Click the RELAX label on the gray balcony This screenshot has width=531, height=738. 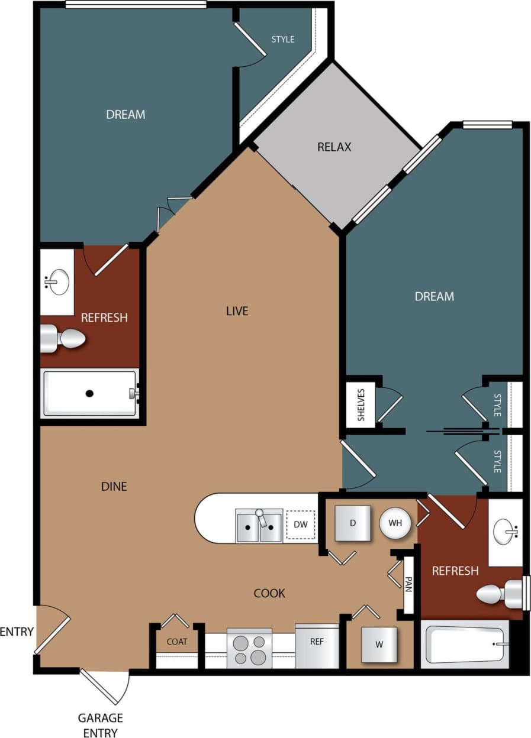pyautogui.click(x=334, y=147)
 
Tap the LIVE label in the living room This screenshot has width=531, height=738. pyautogui.click(x=237, y=310)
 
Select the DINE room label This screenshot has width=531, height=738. pyautogui.click(x=114, y=487)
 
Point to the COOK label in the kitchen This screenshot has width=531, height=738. pyautogui.click(x=269, y=593)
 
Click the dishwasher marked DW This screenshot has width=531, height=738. pyautogui.click(x=300, y=525)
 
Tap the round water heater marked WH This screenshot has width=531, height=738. pyautogui.click(x=395, y=523)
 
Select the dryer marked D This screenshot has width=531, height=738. pyautogui.click(x=353, y=523)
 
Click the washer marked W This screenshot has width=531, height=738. pyautogui.click(x=379, y=644)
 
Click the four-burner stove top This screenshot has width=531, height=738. pyautogui.click(x=249, y=649)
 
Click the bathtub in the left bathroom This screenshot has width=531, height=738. pyautogui.click(x=89, y=393)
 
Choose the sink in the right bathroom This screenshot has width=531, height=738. pyautogui.click(x=505, y=532)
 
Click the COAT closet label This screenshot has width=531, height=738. pyautogui.click(x=177, y=642)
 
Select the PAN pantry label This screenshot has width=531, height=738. pyautogui.click(x=408, y=586)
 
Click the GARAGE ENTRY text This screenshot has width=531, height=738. pyautogui.click(x=100, y=725)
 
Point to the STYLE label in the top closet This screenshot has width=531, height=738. pyautogui.click(x=283, y=40)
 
